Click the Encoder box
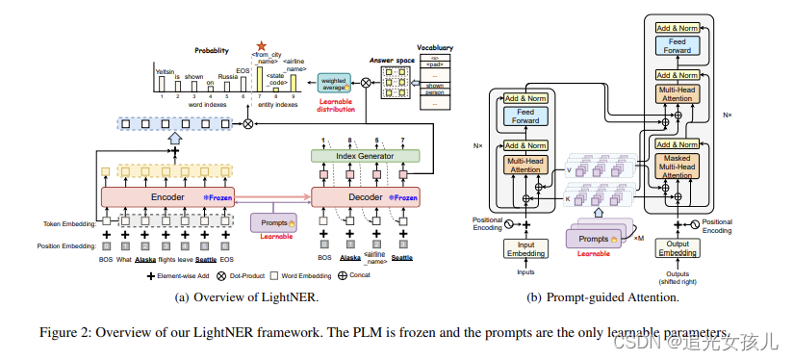[167, 196]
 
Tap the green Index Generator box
[365, 156]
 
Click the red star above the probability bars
[260, 46]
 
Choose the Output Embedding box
[679, 248]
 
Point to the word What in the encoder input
[124, 260]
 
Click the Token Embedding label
[70, 223]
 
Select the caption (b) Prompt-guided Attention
[603, 298]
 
